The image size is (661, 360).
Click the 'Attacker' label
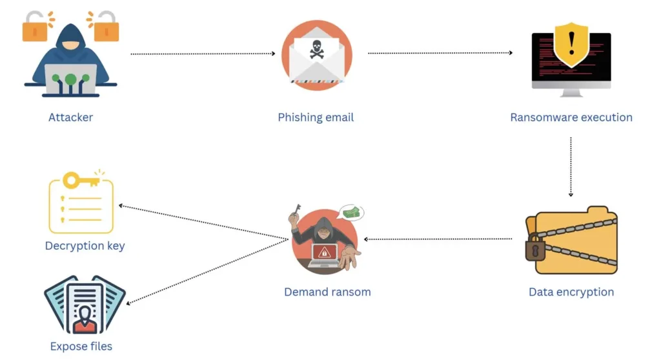[70, 117]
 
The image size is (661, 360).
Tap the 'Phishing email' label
[316, 117]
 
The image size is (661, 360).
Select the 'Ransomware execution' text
[571, 117]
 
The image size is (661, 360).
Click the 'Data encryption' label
[571, 292]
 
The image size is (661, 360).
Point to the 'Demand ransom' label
[327, 292]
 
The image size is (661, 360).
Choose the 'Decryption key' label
[85, 246]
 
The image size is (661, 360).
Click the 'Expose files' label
[81, 346]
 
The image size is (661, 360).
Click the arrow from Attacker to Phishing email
[203, 54]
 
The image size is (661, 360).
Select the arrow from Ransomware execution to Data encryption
[571, 166]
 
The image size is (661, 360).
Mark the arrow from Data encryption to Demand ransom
[439, 239]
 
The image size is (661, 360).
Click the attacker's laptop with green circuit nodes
[70, 79]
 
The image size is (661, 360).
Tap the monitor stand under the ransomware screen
[571, 92]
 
